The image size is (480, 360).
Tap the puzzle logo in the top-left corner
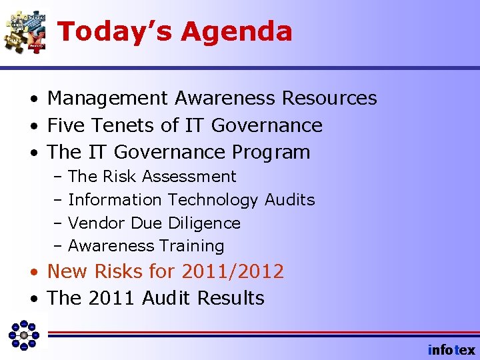click(25, 31)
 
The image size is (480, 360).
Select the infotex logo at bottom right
click(451, 349)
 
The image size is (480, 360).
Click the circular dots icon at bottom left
click(24, 335)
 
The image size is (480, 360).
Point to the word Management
click(107, 99)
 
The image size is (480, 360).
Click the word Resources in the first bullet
click(329, 99)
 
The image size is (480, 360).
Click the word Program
click(271, 153)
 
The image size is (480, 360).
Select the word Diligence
click(205, 223)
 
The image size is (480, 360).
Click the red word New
click(67, 271)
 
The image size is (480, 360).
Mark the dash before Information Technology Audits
click(58, 200)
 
